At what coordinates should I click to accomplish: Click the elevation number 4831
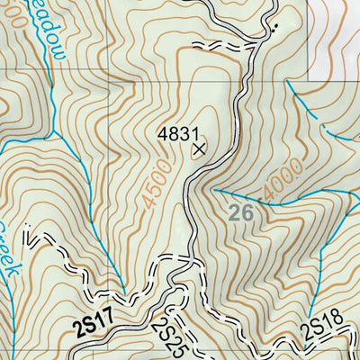click(x=177, y=133)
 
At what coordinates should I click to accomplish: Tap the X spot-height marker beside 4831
click(x=199, y=149)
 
